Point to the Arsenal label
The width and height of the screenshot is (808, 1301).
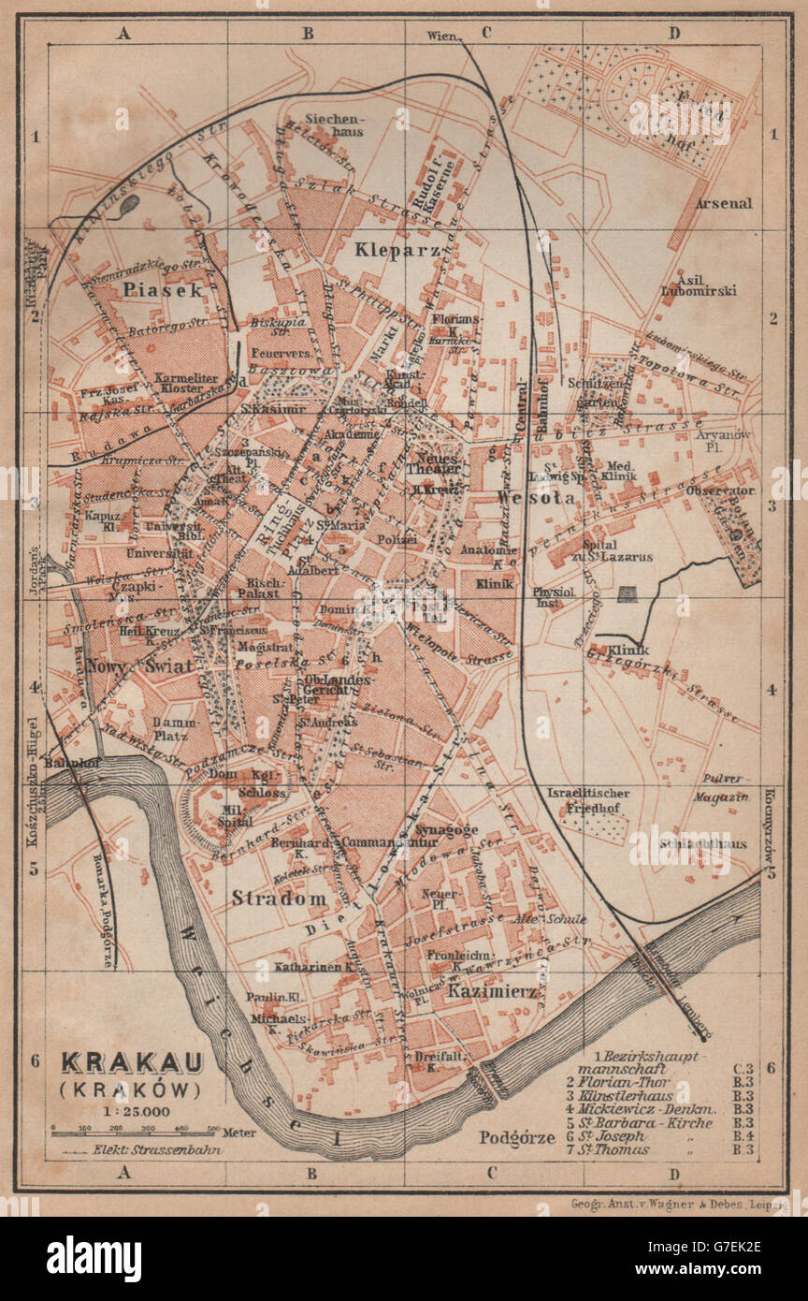point(723,203)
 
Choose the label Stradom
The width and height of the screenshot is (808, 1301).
point(279,899)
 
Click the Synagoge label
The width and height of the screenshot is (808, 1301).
point(448,829)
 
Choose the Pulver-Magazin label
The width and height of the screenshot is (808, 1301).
point(721,787)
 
